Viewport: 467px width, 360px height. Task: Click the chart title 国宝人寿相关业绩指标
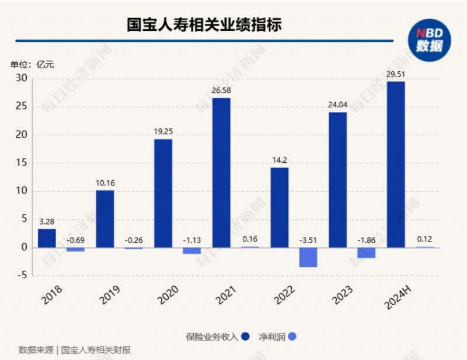pyautogui.click(x=204, y=25)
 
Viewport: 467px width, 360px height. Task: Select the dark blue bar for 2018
pyautogui.click(x=47, y=238)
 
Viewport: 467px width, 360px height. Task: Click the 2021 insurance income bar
pyautogui.click(x=221, y=173)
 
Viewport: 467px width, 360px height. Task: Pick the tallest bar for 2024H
pyautogui.click(x=396, y=165)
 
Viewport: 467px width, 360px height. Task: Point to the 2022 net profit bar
pyautogui.click(x=308, y=257)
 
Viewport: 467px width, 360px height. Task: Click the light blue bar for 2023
pyautogui.click(x=367, y=253)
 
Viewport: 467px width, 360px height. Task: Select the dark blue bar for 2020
pyautogui.click(x=163, y=193)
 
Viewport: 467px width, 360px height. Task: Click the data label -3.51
pyautogui.click(x=308, y=240)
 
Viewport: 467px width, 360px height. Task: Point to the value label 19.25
pyautogui.click(x=163, y=132)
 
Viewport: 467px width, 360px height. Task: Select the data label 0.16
pyautogui.click(x=250, y=239)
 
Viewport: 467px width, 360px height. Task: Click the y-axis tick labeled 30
pyautogui.click(x=22, y=78)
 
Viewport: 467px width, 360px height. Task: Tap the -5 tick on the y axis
pyautogui.click(x=22, y=275)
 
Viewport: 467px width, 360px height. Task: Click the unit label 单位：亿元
pyautogui.click(x=32, y=64)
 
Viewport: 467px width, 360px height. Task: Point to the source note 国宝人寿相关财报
pyautogui.click(x=96, y=350)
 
